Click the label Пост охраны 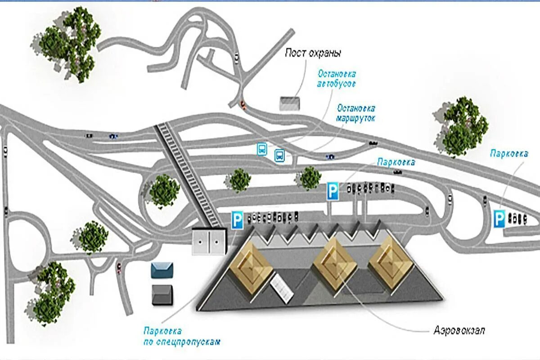(313, 53)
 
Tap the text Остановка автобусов (337, 78)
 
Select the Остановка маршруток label (355, 114)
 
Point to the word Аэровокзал (459, 330)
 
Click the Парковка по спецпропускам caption (182, 336)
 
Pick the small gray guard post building (290, 103)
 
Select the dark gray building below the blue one (162, 295)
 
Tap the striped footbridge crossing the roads (189, 175)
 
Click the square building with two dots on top (209, 242)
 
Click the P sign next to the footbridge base (237, 220)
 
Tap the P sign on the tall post (333, 191)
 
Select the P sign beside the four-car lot (499, 219)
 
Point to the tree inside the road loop (164, 191)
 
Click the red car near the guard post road (243, 104)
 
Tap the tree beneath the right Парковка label (461, 126)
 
